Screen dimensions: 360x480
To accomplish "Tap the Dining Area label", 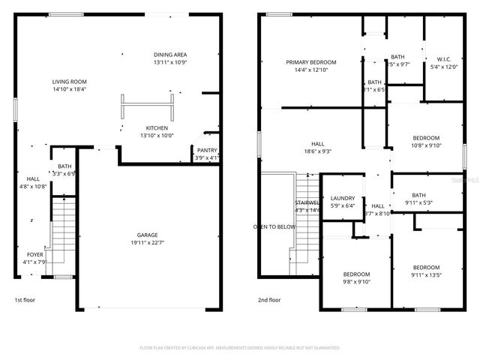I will pyautogui.click(x=170, y=55).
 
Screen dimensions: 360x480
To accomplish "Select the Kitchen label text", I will pyautogui.click(x=157, y=127).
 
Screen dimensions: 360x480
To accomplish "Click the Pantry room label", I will pyautogui.click(x=207, y=150).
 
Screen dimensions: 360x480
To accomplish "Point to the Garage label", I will pyautogui.click(x=147, y=235).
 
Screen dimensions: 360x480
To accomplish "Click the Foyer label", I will pyautogui.click(x=35, y=254).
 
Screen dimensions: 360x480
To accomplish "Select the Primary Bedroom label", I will pyautogui.click(x=311, y=62).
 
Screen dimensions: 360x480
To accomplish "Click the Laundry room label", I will pyautogui.click(x=343, y=198).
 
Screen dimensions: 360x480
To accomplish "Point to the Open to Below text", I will pyautogui.click(x=274, y=226).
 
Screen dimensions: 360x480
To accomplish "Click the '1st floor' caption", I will pyautogui.click(x=25, y=299).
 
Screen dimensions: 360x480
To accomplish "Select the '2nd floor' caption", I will pyautogui.click(x=270, y=299).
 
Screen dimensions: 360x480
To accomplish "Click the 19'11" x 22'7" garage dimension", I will pyautogui.click(x=147, y=242).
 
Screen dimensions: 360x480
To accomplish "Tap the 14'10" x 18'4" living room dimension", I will pyautogui.click(x=70, y=88).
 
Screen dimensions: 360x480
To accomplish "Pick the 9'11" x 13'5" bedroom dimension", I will pyautogui.click(x=427, y=275).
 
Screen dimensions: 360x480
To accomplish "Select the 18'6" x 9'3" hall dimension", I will pyautogui.click(x=318, y=151).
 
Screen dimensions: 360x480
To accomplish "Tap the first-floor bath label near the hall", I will pyautogui.click(x=64, y=166).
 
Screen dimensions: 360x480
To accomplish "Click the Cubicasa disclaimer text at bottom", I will pyautogui.click(x=240, y=348).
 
